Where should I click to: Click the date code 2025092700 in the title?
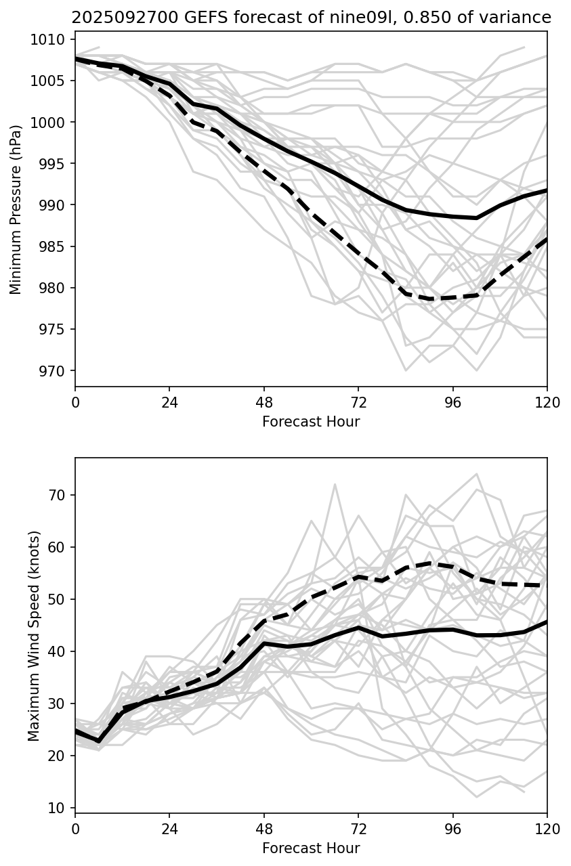click(112, 18)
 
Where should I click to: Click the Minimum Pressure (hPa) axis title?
click(16, 209)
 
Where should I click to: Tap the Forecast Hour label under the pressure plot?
click(311, 422)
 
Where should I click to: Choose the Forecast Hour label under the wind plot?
click(311, 848)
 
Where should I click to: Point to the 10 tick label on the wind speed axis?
click(58, 808)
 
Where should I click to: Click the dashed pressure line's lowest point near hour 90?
click(431, 299)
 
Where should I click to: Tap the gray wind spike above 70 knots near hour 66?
click(335, 484)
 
